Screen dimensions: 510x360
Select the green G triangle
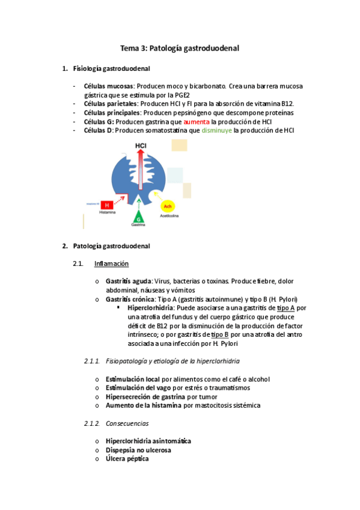(138, 216)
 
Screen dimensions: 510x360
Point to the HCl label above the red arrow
(140, 146)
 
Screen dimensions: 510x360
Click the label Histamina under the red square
(108, 213)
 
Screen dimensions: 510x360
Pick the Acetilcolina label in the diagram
(169, 215)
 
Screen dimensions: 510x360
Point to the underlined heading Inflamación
(111, 263)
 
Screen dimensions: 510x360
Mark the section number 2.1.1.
(92, 361)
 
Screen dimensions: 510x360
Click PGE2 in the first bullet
(180, 95)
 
